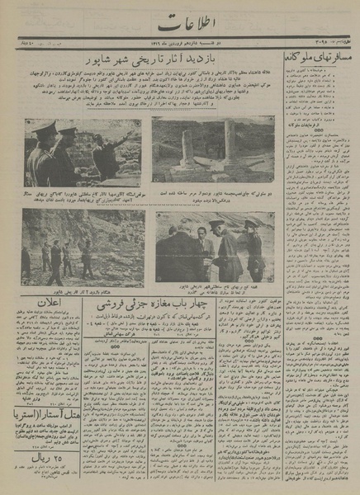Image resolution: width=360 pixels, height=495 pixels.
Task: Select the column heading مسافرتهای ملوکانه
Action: tap(320, 59)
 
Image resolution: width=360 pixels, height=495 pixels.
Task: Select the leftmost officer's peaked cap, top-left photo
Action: tap(43, 128)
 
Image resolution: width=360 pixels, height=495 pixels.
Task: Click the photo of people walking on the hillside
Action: tap(83, 247)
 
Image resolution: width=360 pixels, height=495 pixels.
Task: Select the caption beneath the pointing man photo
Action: tap(83, 195)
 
